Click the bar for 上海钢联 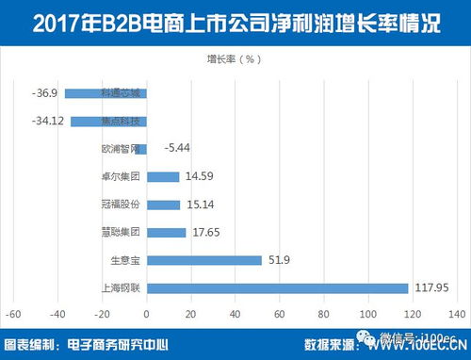[278, 287]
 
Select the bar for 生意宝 [204, 260]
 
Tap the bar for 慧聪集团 [167, 232]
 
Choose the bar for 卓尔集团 [163, 176]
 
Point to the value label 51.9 [277, 260]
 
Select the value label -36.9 [45, 93]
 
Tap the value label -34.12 [47, 121]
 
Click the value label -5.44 [177, 149]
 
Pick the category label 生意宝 [125, 260]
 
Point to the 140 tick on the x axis [452, 312]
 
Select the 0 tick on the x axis [148, 312]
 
